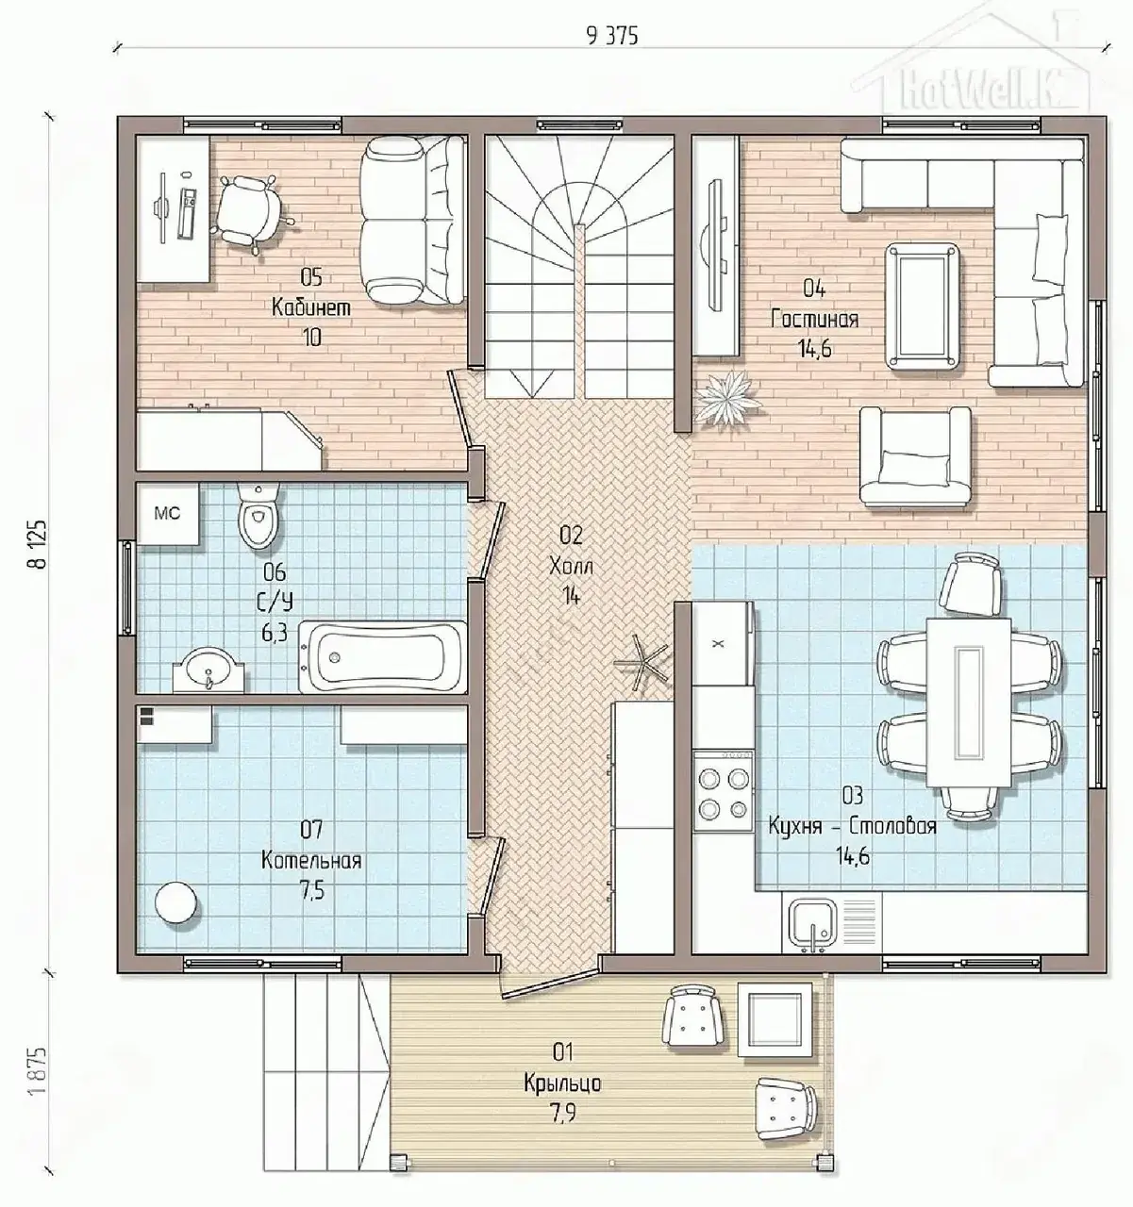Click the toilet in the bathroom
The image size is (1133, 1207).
258,517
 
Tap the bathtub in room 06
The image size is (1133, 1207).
382,656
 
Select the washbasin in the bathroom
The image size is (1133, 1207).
208,670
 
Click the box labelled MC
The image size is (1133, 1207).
168,514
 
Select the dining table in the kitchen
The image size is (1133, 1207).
970,703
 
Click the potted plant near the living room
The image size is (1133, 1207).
728,399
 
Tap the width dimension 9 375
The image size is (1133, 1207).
612,37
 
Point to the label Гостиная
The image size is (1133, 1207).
814,319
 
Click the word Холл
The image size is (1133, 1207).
571,567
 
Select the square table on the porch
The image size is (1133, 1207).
775,1018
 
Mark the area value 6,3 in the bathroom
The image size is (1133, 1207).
275,634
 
